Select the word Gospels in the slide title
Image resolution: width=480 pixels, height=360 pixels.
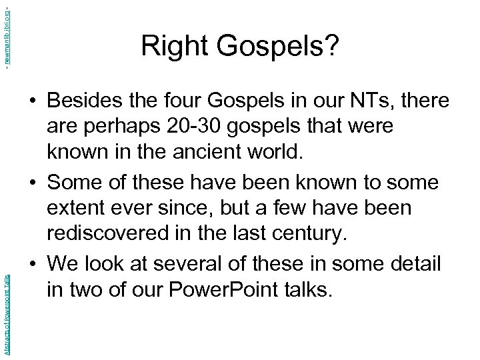(271, 47)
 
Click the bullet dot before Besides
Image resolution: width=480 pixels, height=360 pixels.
(33, 102)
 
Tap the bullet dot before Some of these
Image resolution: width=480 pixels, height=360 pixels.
(33, 183)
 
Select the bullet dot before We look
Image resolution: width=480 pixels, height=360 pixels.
(33, 265)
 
